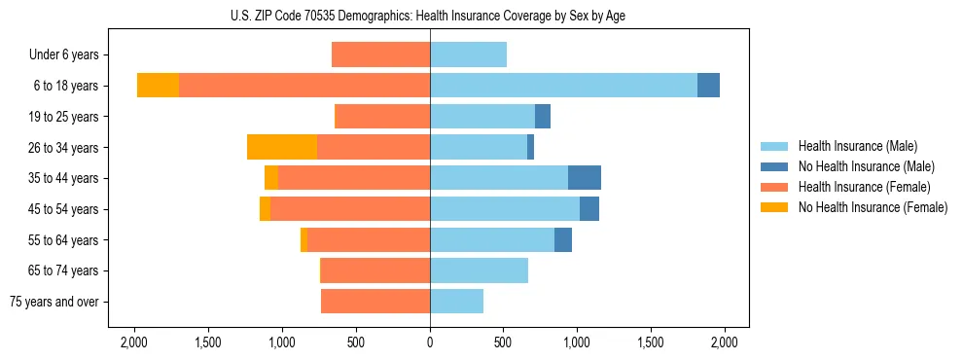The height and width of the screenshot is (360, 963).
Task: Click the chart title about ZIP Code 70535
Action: pos(429,16)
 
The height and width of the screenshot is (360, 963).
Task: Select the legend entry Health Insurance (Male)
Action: pos(857,146)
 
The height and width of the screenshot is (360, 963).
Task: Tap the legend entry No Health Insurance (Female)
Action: pos(873,207)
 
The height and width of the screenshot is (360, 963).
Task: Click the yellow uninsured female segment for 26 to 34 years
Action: pos(282,147)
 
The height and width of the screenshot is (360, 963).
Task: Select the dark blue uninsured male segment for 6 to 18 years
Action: pos(708,86)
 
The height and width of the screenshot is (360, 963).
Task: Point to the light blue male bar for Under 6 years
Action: pos(468,54)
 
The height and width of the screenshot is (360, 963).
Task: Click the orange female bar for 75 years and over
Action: pos(375,302)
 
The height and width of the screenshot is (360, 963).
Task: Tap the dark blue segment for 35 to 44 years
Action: pos(585,178)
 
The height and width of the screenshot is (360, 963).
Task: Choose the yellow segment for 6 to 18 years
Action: pos(158,86)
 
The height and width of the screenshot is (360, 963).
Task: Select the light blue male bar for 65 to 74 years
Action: pos(479,270)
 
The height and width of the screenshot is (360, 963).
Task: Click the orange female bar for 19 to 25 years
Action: pos(382,117)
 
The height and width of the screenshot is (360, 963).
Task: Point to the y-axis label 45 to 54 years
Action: pos(64,209)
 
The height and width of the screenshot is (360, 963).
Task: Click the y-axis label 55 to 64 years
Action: pos(64,240)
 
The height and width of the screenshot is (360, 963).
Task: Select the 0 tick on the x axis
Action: pos(430,342)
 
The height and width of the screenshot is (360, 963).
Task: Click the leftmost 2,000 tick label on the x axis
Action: pos(133,342)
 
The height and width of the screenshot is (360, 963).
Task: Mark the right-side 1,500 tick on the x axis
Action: pos(650,342)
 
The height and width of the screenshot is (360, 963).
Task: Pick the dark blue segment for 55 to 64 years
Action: pos(563,240)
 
